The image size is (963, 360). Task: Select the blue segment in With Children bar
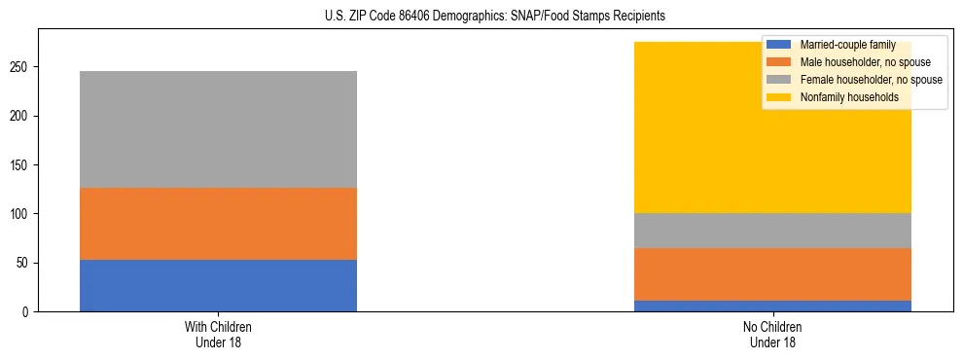pos(218,285)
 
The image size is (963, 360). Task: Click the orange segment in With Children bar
pos(218,224)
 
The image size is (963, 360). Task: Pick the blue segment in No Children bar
pos(772,306)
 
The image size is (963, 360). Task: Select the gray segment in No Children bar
pos(772,231)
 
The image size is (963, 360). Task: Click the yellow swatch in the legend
pos(779,97)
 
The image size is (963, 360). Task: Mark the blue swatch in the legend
pos(779,45)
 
